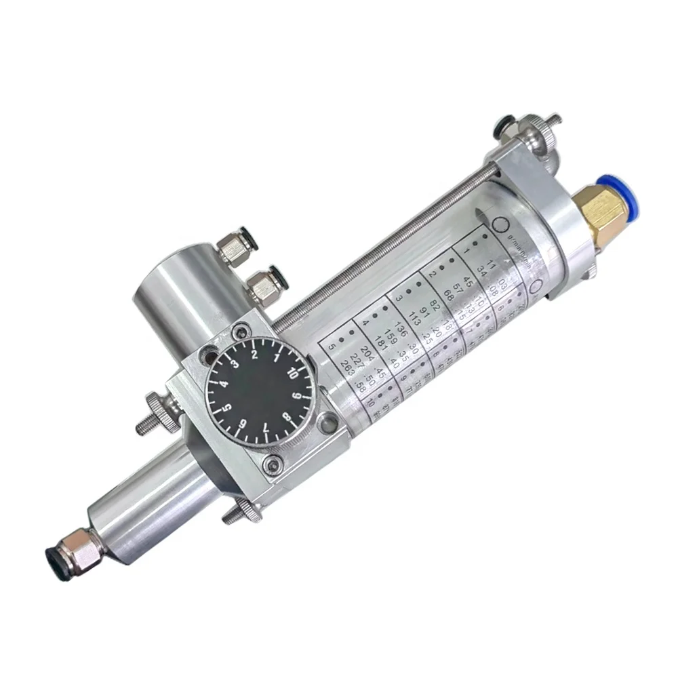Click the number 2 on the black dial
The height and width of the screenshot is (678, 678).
click(254, 354)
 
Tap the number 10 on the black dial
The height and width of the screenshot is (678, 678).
click(294, 372)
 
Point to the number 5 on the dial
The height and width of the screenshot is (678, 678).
click(228, 407)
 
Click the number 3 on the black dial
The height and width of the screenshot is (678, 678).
click(237, 364)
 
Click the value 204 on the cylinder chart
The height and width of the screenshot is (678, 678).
click(368, 351)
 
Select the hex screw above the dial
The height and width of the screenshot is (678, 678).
click(239, 333)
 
